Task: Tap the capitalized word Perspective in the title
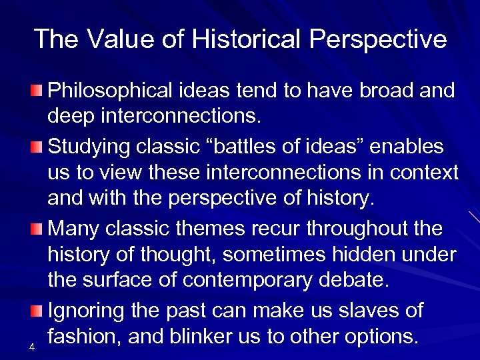[377, 40]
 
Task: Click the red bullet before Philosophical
[39, 89]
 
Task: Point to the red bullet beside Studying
[39, 145]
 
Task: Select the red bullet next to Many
[39, 229]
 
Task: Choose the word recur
[276, 228]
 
